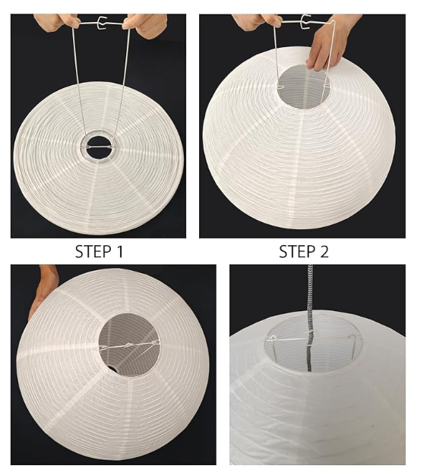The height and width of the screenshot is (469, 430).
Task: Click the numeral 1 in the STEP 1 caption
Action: click(x=120, y=251)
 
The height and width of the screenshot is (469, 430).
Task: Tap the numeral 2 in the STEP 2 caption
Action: click(x=324, y=251)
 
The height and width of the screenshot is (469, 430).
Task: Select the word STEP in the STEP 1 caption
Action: click(x=93, y=251)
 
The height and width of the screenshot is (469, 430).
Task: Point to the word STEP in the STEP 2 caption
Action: click(x=297, y=251)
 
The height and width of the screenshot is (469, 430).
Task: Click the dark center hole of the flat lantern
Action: click(x=99, y=148)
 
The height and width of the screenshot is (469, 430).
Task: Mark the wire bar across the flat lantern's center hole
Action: click(x=99, y=147)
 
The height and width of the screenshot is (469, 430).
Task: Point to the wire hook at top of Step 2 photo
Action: click(x=305, y=21)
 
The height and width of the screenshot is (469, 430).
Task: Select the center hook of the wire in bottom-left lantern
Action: click(x=129, y=346)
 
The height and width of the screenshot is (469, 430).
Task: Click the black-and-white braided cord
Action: click(x=310, y=318)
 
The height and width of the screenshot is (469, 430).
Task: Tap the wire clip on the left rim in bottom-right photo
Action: click(x=273, y=338)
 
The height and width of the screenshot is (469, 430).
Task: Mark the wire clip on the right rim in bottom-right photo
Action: click(x=353, y=338)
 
